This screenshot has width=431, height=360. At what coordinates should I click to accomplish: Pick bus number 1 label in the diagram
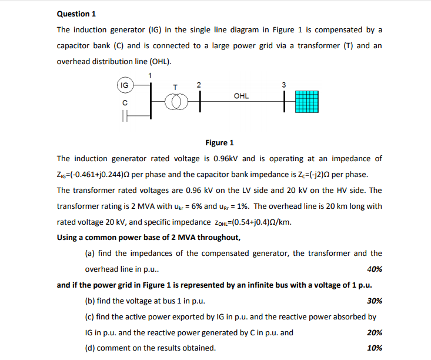coord(150,75)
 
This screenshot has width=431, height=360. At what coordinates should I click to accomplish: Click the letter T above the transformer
coord(174,86)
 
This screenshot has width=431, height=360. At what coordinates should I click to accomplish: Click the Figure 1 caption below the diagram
coord(219,143)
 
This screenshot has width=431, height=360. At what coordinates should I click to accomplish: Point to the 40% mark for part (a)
coord(374,269)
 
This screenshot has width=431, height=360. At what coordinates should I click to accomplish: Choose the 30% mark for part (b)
coord(374,301)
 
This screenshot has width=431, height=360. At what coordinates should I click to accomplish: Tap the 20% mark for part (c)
coord(374,332)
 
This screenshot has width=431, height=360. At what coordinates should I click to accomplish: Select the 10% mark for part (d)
coord(374,348)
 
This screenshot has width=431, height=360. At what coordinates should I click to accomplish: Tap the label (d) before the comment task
coord(91,348)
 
